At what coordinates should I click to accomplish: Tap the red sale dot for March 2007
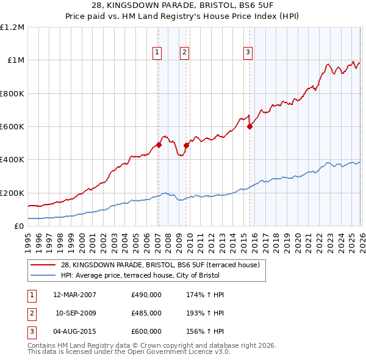159,145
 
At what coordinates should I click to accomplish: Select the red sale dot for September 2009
186,146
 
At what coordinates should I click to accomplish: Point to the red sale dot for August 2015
249,127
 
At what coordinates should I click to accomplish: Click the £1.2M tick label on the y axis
12,27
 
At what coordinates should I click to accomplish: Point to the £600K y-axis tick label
12,127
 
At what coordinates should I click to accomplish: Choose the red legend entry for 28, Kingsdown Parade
160,265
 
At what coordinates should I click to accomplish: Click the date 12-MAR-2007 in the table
75,295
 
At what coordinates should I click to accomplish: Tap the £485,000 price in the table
146,312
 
